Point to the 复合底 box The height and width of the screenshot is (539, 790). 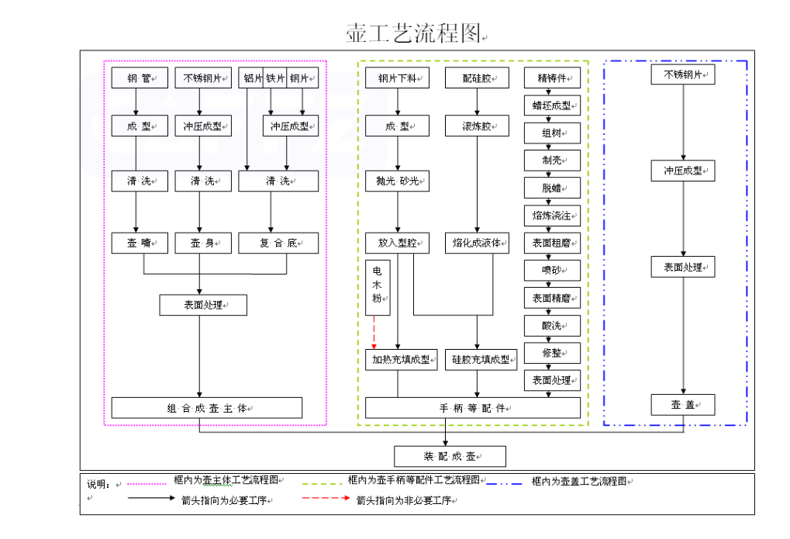[x=278, y=244]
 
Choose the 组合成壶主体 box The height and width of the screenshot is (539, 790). [x=207, y=408]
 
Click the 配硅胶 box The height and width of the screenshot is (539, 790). [x=477, y=78]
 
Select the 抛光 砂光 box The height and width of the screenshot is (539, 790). [x=398, y=181]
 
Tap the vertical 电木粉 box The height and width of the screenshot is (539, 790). [x=378, y=288]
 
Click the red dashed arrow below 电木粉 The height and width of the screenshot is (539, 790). [x=374, y=333]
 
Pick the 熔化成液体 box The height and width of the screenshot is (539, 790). [x=477, y=244]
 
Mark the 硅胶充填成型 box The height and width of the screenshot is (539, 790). [x=481, y=360]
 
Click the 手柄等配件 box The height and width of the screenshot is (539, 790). [x=473, y=408]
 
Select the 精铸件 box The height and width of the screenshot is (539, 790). [x=552, y=78]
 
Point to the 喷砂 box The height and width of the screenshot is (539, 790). [x=552, y=270]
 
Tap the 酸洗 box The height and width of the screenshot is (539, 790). [x=552, y=325]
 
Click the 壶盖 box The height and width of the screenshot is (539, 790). [x=683, y=405]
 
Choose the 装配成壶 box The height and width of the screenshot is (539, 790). [x=450, y=456]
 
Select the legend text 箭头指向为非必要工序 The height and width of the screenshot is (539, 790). [x=404, y=501]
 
